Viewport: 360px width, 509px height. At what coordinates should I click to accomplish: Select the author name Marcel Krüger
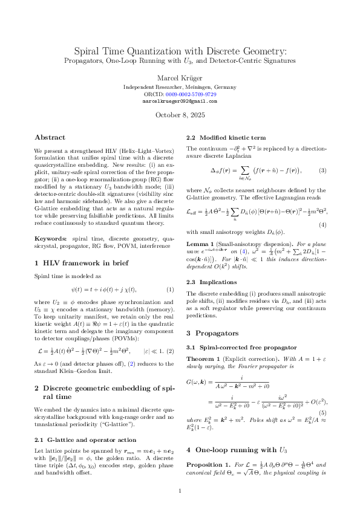pos(180,77)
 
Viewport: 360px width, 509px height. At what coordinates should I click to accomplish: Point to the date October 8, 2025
pos(180,115)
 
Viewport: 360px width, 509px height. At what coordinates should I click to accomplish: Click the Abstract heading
pos(50,137)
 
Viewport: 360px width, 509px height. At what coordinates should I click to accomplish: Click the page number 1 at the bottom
pos(180,490)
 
